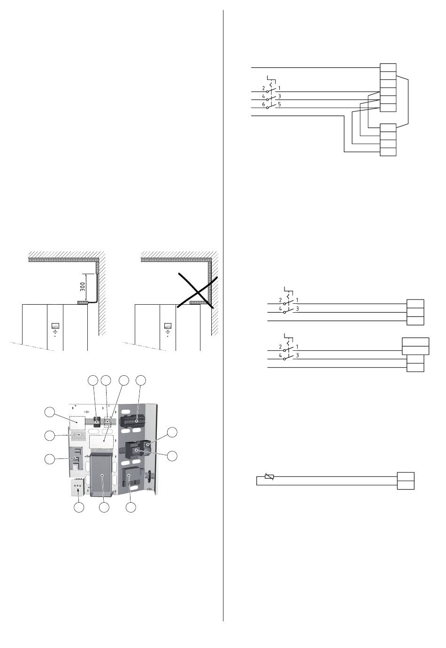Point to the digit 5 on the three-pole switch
pyautogui.click(x=279, y=104)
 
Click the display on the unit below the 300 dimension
pyautogui.click(x=55, y=325)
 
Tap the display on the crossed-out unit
pyautogui.click(x=168, y=325)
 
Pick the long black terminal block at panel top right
pyautogui.click(x=137, y=420)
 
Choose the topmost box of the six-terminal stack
pyautogui.click(x=388, y=68)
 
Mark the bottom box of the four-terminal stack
pyautogui.click(x=388, y=151)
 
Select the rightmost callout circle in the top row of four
pyautogui.click(x=141, y=381)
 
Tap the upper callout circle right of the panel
pyautogui.click(x=173, y=433)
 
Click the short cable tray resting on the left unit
pyautogui.click(x=83, y=303)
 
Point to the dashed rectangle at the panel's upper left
pyautogui.click(x=77, y=423)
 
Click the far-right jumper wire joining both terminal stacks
pyautogui.click(x=408, y=101)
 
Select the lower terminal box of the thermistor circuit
pyautogui.click(x=406, y=485)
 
